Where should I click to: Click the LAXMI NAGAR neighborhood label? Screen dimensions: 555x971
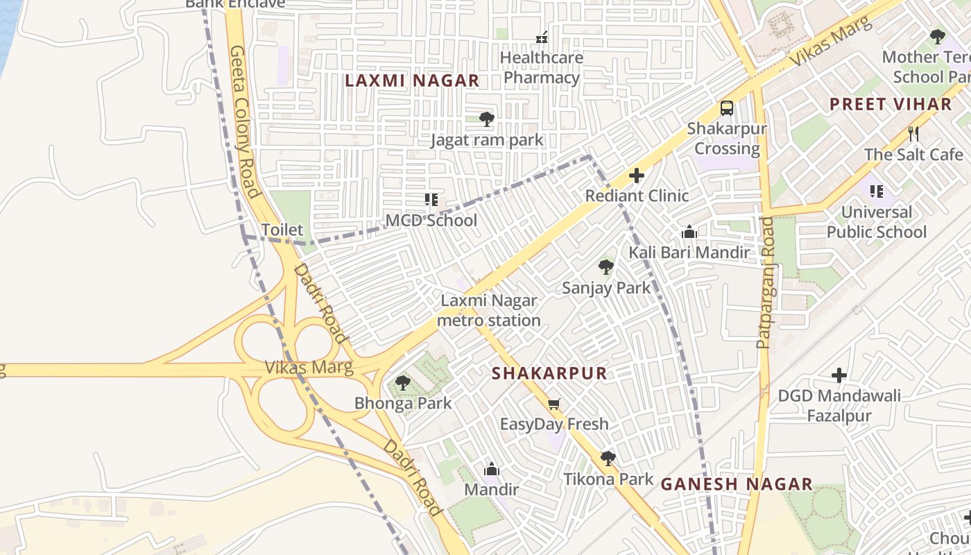click(x=412, y=81)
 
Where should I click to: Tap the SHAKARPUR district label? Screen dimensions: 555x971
click(x=549, y=373)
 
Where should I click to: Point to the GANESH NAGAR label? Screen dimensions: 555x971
click(x=736, y=484)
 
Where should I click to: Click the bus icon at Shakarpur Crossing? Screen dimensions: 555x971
click(x=726, y=108)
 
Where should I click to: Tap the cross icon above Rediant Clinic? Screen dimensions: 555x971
click(x=636, y=176)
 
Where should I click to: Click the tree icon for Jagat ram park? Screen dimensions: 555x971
click(x=487, y=119)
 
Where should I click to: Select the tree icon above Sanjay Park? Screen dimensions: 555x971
click(x=606, y=267)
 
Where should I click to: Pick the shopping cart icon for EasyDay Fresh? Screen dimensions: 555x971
click(x=553, y=404)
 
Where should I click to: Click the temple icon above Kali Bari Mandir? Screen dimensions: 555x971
click(x=689, y=232)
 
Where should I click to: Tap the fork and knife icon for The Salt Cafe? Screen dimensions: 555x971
click(x=913, y=133)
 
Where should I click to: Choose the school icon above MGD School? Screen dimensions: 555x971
click(x=431, y=200)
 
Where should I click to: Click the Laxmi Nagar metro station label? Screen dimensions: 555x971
click(x=489, y=311)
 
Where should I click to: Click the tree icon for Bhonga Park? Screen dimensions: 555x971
click(x=402, y=383)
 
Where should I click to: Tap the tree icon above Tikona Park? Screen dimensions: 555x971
click(x=608, y=458)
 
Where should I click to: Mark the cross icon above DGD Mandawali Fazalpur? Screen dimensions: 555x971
click(x=839, y=375)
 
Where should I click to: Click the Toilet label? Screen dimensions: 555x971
click(x=282, y=230)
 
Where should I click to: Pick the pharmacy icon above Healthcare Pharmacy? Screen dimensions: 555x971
click(x=542, y=37)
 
